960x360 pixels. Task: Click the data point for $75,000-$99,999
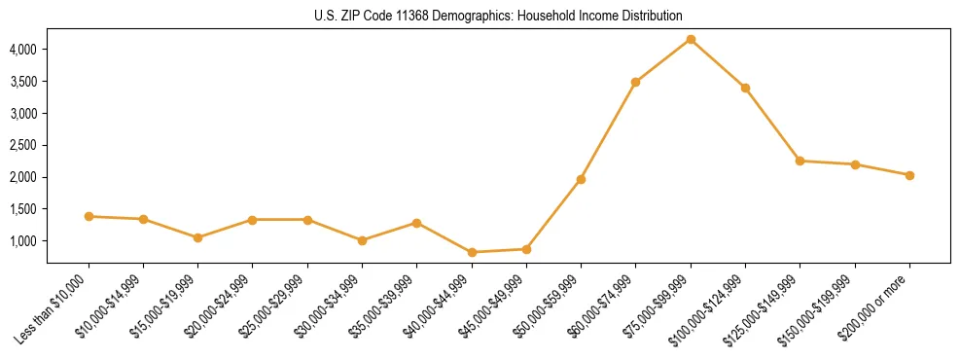[x=691, y=39]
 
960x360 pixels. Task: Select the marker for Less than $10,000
[x=89, y=216]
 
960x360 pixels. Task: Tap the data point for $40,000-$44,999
[x=472, y=252]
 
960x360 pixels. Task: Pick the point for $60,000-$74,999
[x=635, y=82]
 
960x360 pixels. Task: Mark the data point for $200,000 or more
[x=909, y=175]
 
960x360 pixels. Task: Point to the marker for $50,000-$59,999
[x=581, y=179]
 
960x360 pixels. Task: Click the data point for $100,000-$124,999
[x=745, y=88]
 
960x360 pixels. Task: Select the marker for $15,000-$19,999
[x=198, y=237]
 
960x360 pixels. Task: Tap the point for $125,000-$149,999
[x=800, y=161]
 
